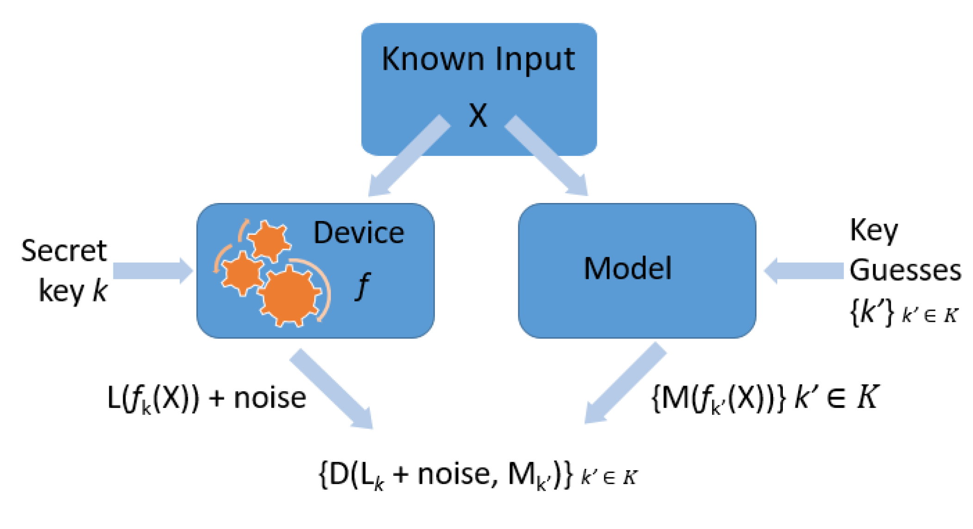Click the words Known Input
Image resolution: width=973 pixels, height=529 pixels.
[x=478, y=60]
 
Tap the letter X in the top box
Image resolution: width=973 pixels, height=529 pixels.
[x=478, y=116]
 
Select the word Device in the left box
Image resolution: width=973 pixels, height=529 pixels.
[x=359, y=233]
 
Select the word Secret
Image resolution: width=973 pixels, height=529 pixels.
[x=64, y=252]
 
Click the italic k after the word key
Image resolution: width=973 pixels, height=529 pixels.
[x=100, y=291]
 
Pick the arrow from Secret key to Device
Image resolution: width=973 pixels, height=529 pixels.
[x=153, y=271]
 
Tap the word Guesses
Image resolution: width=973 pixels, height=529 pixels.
[x=905, y=270]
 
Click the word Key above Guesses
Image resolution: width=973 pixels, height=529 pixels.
[x=874, y=230]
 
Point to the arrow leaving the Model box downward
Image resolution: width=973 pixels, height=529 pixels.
[x=625, y=384]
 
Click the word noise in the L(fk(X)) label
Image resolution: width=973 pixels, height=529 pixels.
[x=270, y=398]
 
